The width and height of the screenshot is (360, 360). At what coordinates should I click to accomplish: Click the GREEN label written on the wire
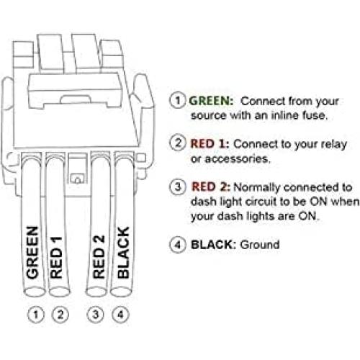32,253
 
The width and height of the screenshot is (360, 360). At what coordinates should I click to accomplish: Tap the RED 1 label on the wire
56,258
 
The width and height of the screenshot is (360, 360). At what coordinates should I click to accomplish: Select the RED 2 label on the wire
99,257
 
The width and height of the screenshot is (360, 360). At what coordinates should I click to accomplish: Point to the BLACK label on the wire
123,253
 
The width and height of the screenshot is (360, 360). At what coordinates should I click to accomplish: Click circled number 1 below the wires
36,315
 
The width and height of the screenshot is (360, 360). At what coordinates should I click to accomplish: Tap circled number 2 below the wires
60,315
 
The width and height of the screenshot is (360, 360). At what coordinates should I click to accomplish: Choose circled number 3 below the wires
96,315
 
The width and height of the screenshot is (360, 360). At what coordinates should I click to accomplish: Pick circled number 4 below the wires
120,315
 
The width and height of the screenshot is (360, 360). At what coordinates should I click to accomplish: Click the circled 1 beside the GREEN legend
178,100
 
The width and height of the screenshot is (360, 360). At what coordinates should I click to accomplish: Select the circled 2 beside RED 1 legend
178,143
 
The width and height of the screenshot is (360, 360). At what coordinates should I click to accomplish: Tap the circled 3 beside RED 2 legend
178,186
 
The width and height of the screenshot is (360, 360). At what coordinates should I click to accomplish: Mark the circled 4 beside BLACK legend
178,245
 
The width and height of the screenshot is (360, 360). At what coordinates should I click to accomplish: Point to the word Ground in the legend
260,245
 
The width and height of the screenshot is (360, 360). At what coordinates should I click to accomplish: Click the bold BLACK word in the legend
212,245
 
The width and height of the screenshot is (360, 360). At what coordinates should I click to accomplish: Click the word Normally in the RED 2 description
256,188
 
